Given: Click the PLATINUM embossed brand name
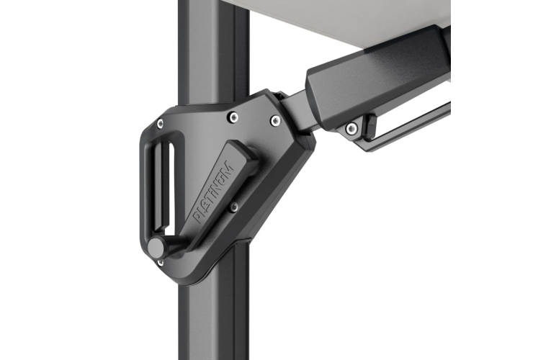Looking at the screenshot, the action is coord(213,192).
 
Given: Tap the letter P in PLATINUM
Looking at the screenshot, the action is coord(198,218).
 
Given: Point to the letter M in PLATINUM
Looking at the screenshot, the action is coord(228,167).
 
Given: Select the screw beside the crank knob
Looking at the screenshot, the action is coord(160,262).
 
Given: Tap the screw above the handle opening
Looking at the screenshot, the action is coord(160,123).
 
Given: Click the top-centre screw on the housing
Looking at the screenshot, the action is coord(233,117).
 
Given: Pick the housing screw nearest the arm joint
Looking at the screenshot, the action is coord(275,121).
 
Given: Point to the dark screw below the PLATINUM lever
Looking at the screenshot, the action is coord(233,207).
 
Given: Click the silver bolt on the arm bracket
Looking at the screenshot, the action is coord(351,129).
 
